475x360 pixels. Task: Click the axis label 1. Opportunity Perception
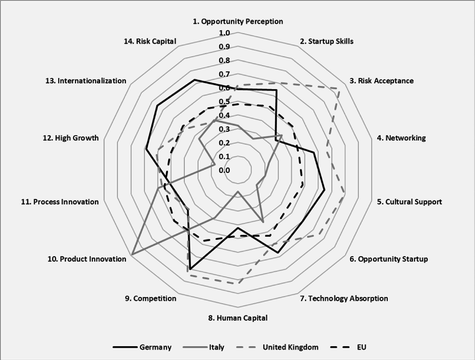click(238, 21)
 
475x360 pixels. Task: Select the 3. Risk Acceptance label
click(381, 81)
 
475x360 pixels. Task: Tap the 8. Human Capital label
click(238, 318)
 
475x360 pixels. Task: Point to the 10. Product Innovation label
click(87, 259)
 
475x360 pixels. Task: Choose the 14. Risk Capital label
click(150, 41)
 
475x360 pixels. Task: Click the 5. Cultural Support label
click(409, 202)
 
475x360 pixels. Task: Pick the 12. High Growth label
click(71, 138)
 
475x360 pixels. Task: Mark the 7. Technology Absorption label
click(344, 298)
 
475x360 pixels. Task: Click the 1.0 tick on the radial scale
click(224, 33)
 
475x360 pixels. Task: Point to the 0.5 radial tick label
click(224, 102)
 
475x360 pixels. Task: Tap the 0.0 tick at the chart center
click(224, 170)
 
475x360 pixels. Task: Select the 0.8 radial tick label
click(224, 61)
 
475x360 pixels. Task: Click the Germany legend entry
click(142, 347)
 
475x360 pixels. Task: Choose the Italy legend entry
click(204, 347)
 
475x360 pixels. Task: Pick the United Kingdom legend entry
click(278, 347)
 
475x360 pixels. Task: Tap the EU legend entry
click(348, 347)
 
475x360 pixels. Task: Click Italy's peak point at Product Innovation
click(132, 254)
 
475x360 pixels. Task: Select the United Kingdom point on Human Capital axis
click(238, 283)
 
